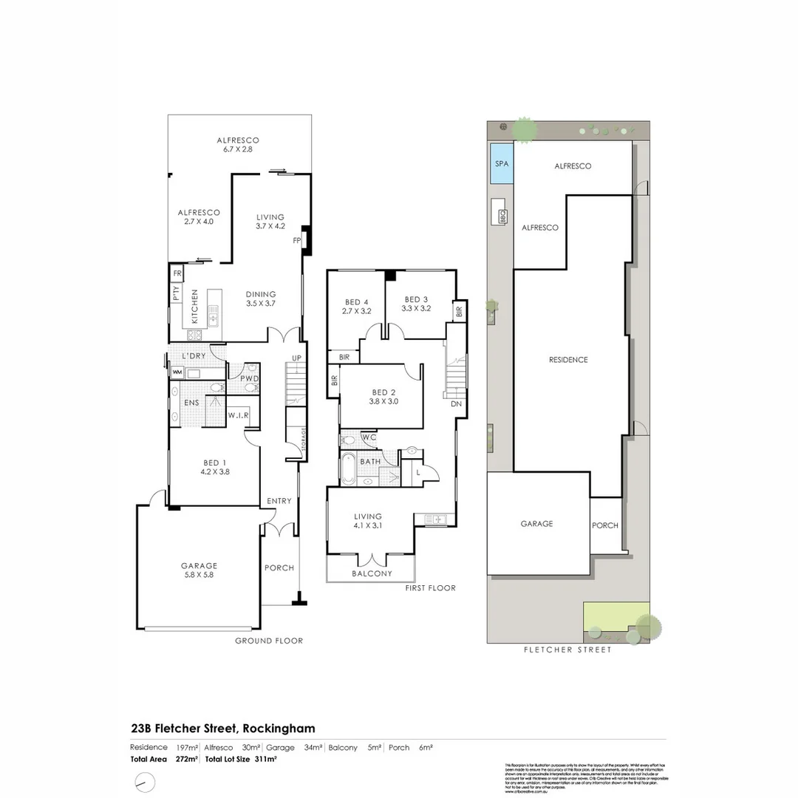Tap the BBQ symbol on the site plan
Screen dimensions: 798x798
coord(502,216)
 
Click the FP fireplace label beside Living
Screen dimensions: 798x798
coord(297,240)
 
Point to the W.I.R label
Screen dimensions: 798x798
coord(239,416)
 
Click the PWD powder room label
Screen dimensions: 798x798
coord(249,379)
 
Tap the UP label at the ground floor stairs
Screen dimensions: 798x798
coord(297,358)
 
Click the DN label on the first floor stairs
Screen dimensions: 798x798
coord(455,404)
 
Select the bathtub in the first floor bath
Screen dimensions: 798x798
coord(348,468)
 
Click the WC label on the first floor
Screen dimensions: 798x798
coord(369,437)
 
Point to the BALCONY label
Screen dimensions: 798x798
coord(372,573)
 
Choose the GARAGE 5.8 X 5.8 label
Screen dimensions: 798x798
coord(199,570)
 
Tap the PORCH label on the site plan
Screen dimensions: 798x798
coord(605,525)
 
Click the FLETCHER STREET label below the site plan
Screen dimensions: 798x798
coord(567,650)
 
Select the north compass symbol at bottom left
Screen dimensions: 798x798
coord(146,782)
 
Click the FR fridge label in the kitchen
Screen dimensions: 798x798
coord(177,273)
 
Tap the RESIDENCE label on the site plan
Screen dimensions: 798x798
coord(568,360)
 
